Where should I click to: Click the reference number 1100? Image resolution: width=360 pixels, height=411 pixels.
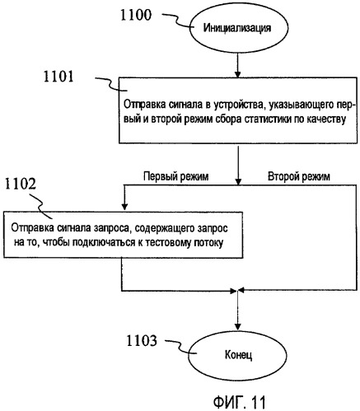click(136, 15)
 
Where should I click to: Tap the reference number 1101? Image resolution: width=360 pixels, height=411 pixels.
click(58, 77)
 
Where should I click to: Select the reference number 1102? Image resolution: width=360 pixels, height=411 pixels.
click(21, 184)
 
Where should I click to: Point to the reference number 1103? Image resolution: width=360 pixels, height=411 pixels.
click(142, 340)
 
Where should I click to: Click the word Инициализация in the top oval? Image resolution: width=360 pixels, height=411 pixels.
click(237, 28)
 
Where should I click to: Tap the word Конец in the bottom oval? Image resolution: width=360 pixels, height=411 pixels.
click(238, 355)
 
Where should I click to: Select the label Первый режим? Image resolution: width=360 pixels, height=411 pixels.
click(176, 176)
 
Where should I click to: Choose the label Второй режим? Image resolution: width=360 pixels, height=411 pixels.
click(299, 176)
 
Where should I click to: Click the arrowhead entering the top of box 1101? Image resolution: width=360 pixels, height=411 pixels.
click(238, 74)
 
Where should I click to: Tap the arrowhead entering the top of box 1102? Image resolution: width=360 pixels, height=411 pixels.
click(124, 207)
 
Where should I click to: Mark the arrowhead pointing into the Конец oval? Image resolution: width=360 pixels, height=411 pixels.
click(238, 326)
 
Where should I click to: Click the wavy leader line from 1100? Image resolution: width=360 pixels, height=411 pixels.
click(176, 21)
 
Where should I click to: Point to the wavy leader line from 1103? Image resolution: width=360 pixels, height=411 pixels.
click(181, 347)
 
